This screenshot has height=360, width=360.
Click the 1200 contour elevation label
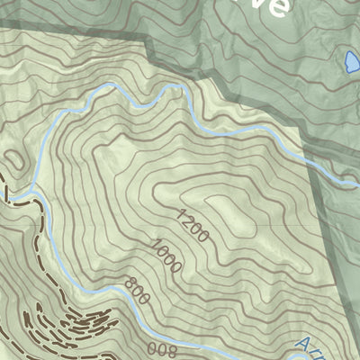point(193,226)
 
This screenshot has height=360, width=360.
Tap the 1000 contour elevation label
point(167,257)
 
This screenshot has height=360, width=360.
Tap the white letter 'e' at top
point(280,7)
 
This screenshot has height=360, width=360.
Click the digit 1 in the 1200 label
point(181,215)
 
